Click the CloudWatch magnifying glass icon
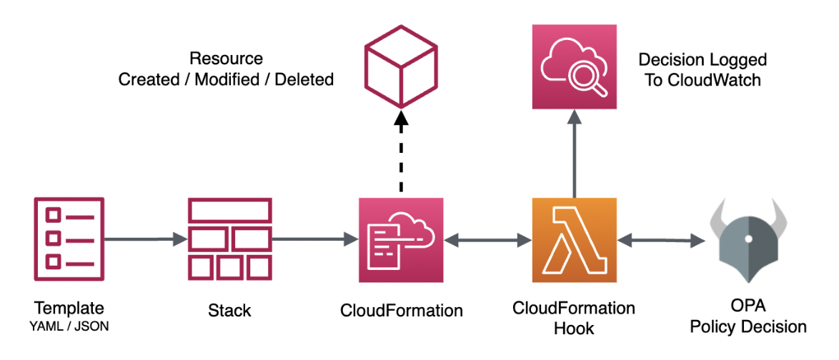575,66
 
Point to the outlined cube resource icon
401,66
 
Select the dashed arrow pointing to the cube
401,154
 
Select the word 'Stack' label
229,311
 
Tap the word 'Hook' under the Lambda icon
574,328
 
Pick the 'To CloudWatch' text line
703,79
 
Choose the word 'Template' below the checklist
69,309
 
